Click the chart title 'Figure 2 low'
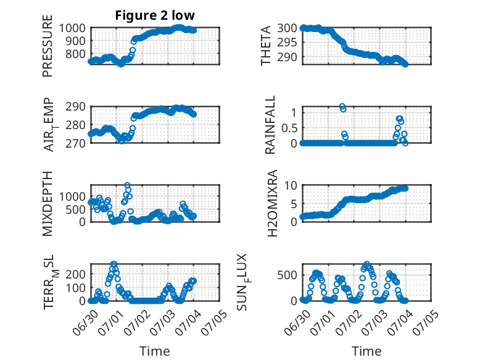click(x=155, y=15)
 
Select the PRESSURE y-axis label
click(x=48, y=46)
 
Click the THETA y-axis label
click(x=266, y=46)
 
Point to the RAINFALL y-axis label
click(x=270, y=125)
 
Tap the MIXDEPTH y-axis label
click(x=48, y=203)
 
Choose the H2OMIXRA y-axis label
click(x=272, y=203)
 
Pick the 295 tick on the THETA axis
click(x=287, y=42)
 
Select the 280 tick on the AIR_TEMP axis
click(x=75, y=125)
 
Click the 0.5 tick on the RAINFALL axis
click(x=289, y=128)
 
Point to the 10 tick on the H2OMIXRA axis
click(x=291, y=185)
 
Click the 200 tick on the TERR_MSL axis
click(x=75, y=274)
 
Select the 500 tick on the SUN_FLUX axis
click(x=287, y=275)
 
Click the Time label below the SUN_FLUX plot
click(x=366, y=351)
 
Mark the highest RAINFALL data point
click(x=342, y=106)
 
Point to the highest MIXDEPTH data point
click(x=127, y=185)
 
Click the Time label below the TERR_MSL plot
click(x=155, y=351)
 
